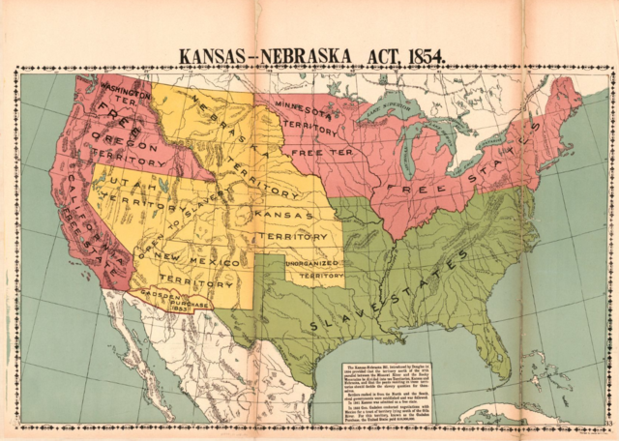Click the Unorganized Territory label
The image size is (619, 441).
coord(313,269)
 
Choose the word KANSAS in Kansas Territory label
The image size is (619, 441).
coord(282,212)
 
